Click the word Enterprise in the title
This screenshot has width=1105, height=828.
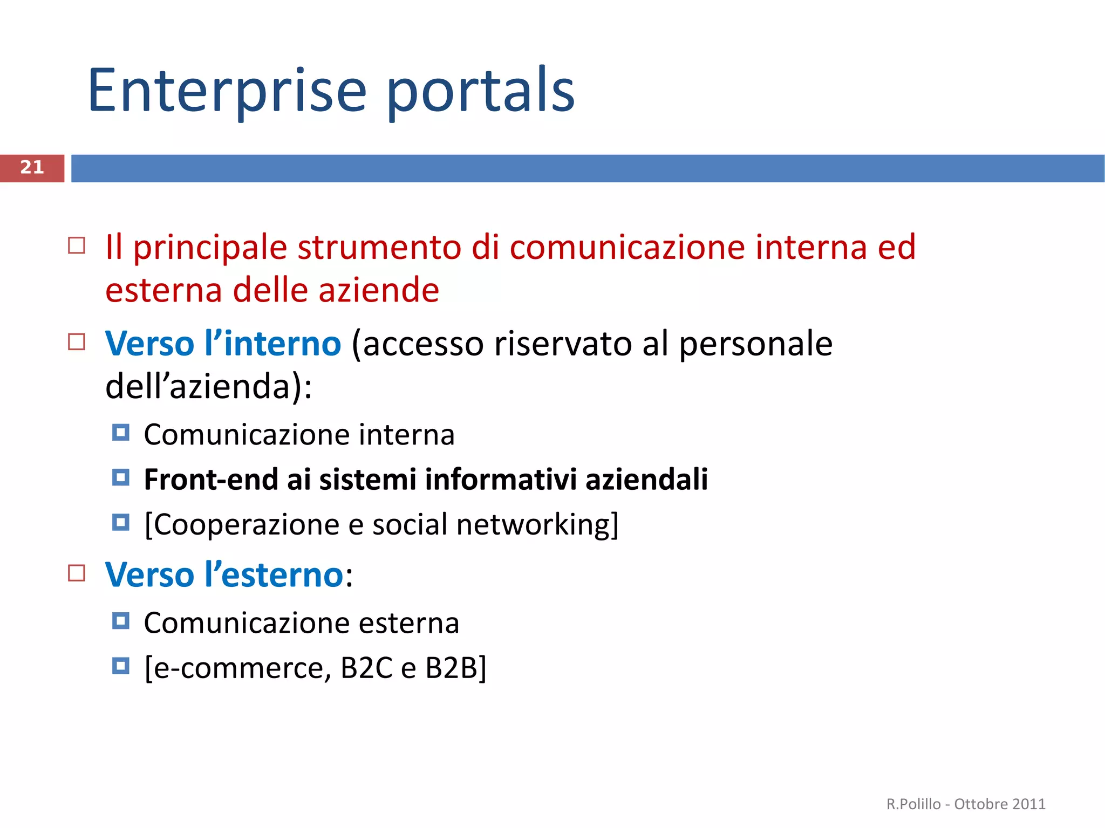pyautogui.click(x=227, y=92)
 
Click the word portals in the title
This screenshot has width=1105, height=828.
pyautogui.click(x=480, y=92)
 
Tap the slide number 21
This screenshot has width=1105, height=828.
pyautogui.click(x=32, y=168)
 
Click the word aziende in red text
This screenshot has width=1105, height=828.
pyautogui.click(x=378, y=291)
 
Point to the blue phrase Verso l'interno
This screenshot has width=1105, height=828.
pyautogui.click(x=223, y=344)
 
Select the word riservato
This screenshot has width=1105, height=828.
pyautogui.click(x=563, y=344)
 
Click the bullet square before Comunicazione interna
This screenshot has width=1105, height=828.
pyautogui.click(x=121, y=433)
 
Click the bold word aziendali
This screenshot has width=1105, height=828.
pyautogui.click(x=646, y=480)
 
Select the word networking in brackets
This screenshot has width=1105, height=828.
pyautogui.click(x=534, y=524)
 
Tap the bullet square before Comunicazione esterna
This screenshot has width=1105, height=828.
pyautogui.click(x=121, y=621)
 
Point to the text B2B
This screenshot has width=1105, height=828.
pyautogui.click(x=452, y=668)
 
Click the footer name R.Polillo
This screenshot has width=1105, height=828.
pyautogui.click(x=913, y=804)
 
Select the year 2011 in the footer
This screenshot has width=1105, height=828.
pyautogui.click(x=1029, y=804)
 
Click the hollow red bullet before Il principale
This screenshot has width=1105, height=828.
pyautogui.click(x=77, y=245)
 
